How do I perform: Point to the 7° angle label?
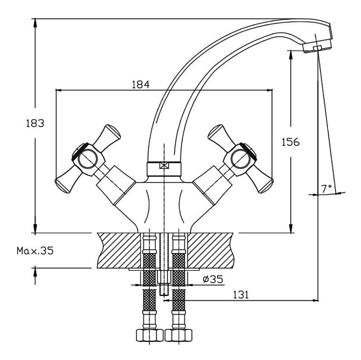click(326, 189)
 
